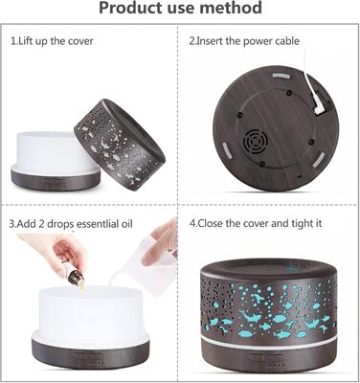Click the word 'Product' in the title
pyautogui.click(x=129, y=8)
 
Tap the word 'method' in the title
pyautogui.click(x=231, y=8)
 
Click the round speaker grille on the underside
pyautogui.click(x=254, y=142)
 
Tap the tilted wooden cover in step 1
pyautogui.click(x=119, y=142)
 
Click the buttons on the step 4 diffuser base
pyautogui.click(x=258, y=358)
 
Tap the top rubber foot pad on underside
pyautogui.click(x=281, y=77)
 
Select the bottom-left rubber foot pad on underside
pyautogui.click(x=227, y=150)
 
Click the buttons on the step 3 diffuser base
pyautogui.click(x=85, y=356)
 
